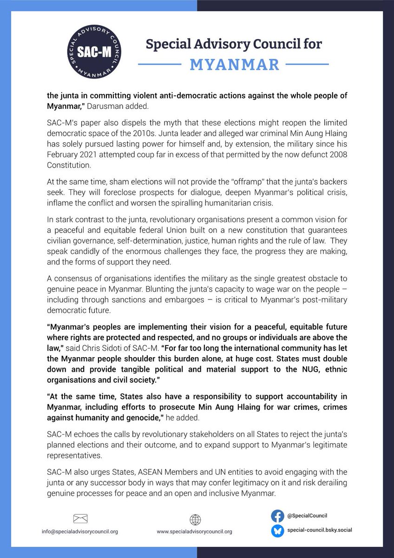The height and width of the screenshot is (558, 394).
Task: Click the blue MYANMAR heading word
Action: (x=235, y=65)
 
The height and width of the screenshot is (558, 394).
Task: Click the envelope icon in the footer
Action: (x=80, y=518)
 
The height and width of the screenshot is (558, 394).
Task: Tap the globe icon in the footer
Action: (x=194, y=519)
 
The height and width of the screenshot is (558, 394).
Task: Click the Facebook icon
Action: (x=277, y=516)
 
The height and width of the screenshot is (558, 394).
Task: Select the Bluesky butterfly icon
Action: (x=277, y=531)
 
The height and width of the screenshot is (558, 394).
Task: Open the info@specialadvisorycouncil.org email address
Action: (x=80, y=531)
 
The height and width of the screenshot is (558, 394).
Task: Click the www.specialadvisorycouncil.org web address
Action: (x=194, y=531)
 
